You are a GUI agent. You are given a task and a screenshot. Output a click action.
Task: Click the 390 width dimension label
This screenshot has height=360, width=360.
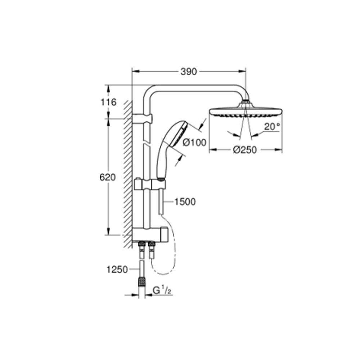point(189,72)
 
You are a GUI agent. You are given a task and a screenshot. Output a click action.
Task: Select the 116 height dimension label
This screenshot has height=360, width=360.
point(109,102)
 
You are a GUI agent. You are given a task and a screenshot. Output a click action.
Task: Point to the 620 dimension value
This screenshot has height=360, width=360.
point(107,177)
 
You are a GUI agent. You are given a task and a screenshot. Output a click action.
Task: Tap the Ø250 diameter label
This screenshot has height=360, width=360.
point(245,150)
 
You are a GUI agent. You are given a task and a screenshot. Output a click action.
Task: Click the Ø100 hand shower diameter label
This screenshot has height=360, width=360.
point(194,143)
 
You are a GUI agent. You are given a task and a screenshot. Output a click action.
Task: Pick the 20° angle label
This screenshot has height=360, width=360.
point(272,126)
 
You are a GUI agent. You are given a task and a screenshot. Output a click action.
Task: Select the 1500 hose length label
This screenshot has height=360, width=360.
point(185,202)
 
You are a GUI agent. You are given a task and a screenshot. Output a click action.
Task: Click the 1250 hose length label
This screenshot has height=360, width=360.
point(117,270)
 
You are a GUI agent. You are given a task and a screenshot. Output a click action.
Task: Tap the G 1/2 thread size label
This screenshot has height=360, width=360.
point(162,291)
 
